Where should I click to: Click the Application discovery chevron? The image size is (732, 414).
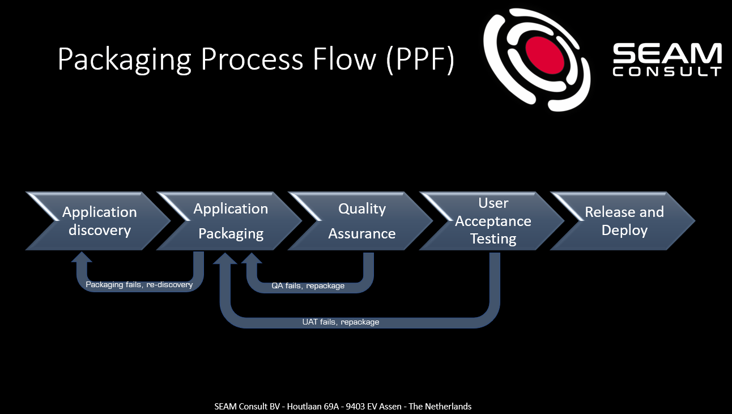[x=99, y=221]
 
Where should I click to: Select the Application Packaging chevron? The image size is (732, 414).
[x=231, y=221]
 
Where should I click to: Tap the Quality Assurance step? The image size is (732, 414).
[x=361, y=221]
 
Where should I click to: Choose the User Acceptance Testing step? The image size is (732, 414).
[x=493, y=221]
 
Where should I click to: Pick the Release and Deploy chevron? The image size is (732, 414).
[x=624, y=221]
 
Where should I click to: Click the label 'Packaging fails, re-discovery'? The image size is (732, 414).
[x=139, y=285]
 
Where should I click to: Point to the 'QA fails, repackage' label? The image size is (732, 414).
[x=308, y=286]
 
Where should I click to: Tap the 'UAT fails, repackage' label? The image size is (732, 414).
[x=341, y=322]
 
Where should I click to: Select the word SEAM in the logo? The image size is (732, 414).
[x=667, y=55]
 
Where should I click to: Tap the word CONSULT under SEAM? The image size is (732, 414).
[x=667, y=72]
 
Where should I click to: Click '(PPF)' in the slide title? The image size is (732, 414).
[x=420, y=58]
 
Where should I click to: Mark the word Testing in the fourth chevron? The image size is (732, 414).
[x=493, y=239]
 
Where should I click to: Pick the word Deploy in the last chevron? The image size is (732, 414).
[x=624, y=231]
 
